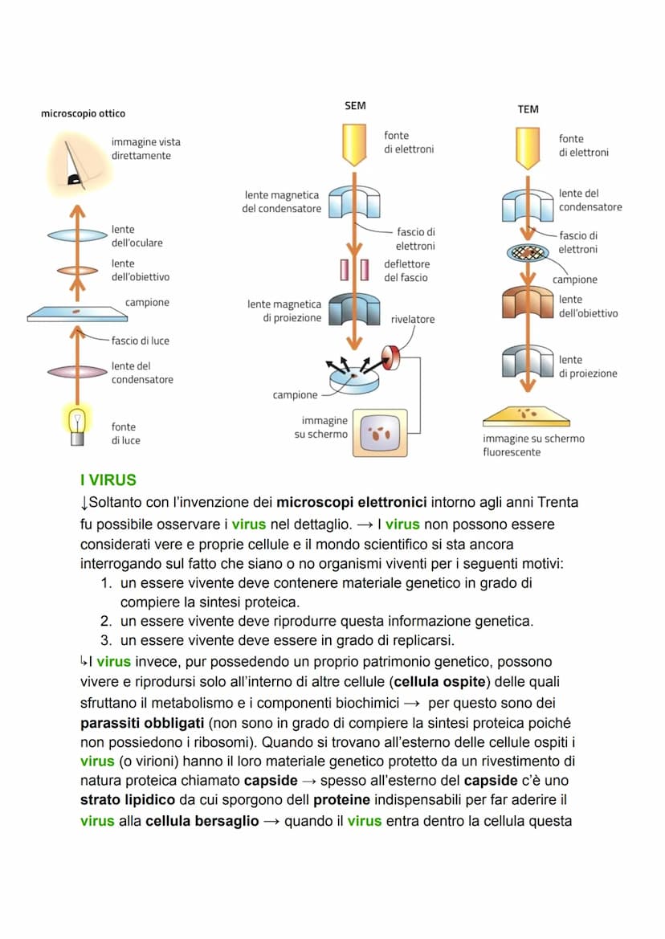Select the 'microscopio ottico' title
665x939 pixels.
pos(83,114)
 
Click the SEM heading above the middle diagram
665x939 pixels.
pos(354,105)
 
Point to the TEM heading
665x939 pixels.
pos(528,109)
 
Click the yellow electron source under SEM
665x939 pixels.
pos(354,143)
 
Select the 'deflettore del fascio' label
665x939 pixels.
pos(406,271)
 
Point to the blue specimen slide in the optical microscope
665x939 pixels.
pos(77,315)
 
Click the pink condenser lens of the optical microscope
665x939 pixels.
pos(77,372)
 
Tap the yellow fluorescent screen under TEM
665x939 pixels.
pos(527,416)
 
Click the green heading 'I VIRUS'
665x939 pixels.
pos(108,480)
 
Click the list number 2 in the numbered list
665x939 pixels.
pos(105,621)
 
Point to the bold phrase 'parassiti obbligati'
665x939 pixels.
pos(142,721)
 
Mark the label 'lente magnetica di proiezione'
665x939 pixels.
pos(284,311)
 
